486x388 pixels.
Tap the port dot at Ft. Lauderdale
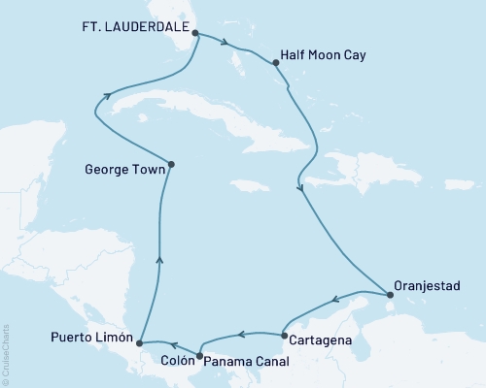pyautogui.click(x=195, y=33)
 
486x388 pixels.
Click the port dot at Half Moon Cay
pyautogui.click(x=277, y=64)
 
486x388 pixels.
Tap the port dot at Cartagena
pyautogui.click(x=283, y=336)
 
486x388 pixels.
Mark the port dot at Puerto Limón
pyautogui.click(x=140, y=343)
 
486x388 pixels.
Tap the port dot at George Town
pyautogui.click(x=171, y=164)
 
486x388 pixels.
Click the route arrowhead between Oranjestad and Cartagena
pyautogui.click(x=334, y=299)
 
